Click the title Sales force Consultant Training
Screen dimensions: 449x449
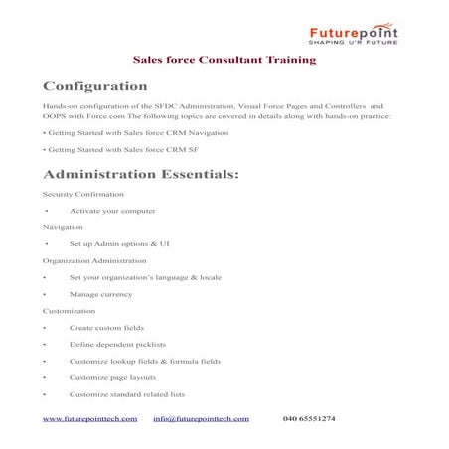click(224, 60)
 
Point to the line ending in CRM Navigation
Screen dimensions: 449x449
click(136, 132)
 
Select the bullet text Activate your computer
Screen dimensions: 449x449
click(112, 211)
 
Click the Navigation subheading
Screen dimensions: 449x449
click(64, 226)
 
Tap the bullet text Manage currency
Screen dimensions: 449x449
click(102, 294)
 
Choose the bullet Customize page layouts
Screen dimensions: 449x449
click(119, 377)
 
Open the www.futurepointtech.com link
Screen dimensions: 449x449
click(87, 419)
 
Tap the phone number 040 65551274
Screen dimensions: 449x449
click(309, 419)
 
